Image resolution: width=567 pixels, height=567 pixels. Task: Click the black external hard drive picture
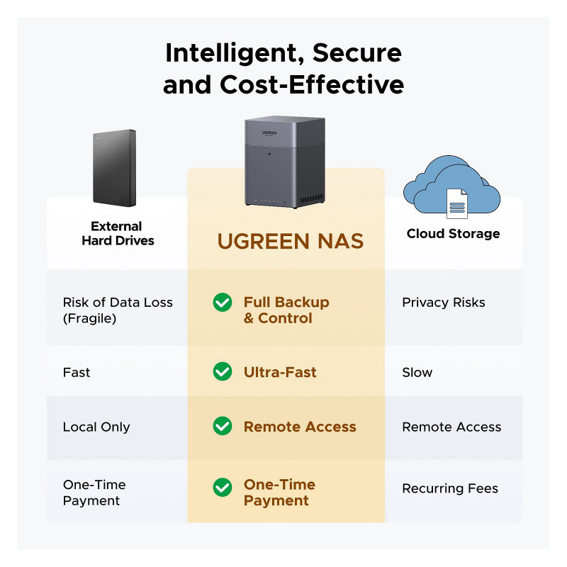click(114, 167)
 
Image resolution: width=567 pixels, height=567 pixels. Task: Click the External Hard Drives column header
click(117, 234)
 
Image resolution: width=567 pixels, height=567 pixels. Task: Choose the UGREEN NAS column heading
click(290, 241)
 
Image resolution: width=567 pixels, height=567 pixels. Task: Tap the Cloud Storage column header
click(453, 234)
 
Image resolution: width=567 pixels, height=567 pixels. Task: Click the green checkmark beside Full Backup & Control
click(223, 303)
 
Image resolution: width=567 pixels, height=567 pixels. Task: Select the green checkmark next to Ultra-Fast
click(223, 371)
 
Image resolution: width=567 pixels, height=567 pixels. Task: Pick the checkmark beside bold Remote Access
click(223, 426)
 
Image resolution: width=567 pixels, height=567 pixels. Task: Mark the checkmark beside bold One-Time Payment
click(223, 487)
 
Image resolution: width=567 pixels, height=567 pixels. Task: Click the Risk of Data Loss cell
click(118, 310)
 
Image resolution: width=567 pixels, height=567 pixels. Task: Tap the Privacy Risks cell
click(444, 303)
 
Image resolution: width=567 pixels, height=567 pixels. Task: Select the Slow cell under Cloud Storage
click(417, 372)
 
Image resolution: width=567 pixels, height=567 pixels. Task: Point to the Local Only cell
click(96, 427)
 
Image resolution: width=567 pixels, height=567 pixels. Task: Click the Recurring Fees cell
click(449, 488)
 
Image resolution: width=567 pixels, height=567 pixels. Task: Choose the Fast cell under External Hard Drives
click(77, 372)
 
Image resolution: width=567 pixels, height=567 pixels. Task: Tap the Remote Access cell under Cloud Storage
click(451, 427)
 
